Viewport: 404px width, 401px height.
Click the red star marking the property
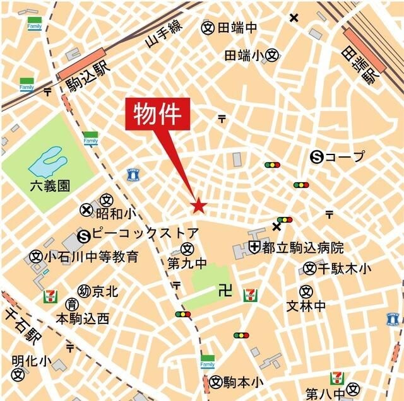[x=198, y=206]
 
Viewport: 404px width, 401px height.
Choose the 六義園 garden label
[x=50, y=187]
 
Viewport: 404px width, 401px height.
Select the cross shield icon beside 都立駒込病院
[x=255, y=246]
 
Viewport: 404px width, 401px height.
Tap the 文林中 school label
[x=306, y=306]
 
